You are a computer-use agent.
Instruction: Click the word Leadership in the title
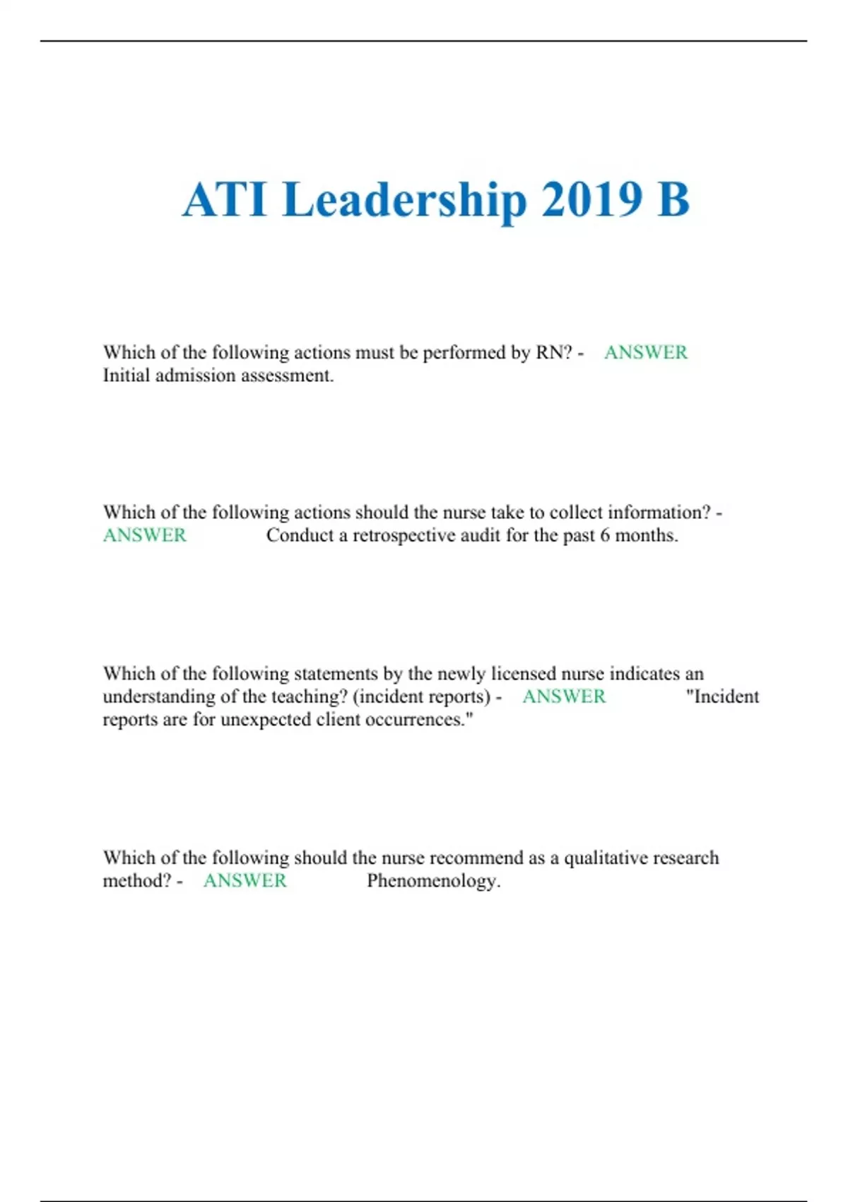(405, 200)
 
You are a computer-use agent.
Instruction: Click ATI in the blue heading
(225, 200)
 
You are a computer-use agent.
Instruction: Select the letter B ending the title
(673, 200)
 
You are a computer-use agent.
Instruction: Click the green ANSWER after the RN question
(645, 352)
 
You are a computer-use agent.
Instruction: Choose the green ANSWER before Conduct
(145, 536)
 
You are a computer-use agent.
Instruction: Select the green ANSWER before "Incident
(564, 697)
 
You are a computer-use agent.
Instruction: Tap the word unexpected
(265, 720)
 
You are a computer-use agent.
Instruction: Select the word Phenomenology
(433, 881)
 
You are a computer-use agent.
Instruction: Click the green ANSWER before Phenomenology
(245, 881)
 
